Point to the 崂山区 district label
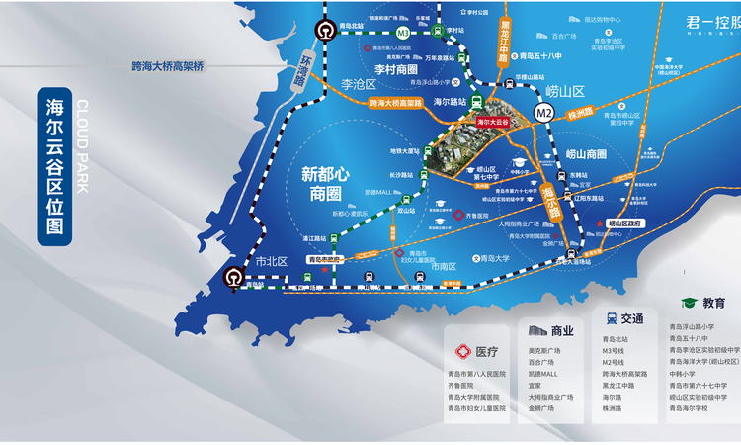click(568, 91)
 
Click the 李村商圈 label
click(395, 70)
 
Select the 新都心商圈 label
click(327, 182)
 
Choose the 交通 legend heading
click(632, 318)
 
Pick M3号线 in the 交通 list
click(617, 350)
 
